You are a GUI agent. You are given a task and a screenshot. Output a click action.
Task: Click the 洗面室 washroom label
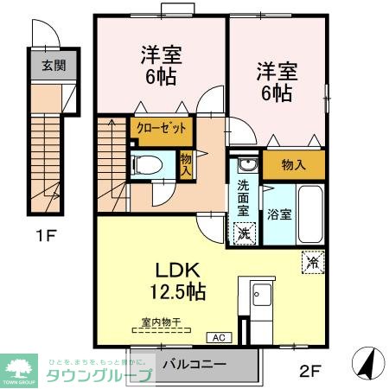pos(244,197)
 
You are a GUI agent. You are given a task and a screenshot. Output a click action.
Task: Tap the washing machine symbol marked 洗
pos(244,233)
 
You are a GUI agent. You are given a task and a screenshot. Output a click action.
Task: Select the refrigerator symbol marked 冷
pos(309,259)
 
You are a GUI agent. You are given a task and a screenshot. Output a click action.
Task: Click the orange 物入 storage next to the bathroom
pos(293,164)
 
